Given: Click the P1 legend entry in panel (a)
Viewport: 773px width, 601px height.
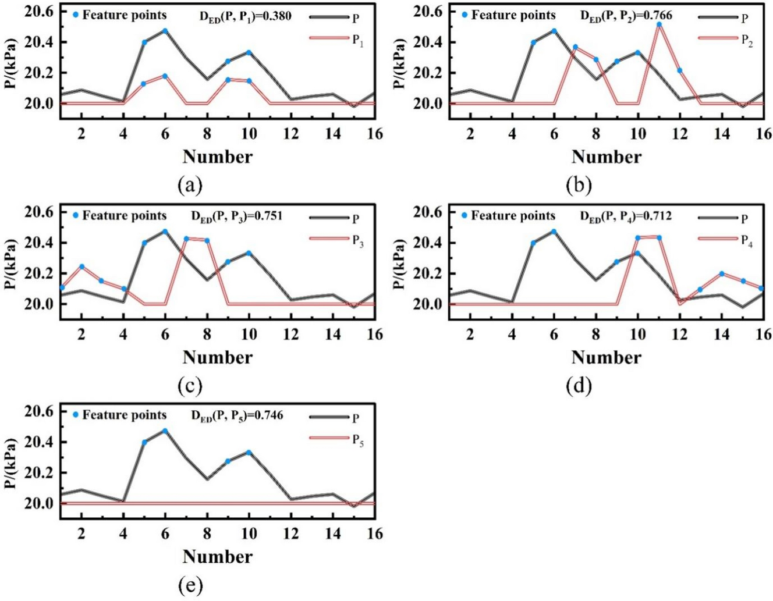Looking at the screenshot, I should click(357, 41).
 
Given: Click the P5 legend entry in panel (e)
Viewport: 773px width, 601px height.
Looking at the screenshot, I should click(357, 442).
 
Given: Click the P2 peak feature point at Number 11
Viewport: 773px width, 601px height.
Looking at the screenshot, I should click(659, 24).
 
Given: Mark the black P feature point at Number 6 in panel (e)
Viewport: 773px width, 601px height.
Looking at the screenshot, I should click(165, 431).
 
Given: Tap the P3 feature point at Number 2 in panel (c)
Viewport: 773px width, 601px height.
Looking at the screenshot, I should click(81, 266).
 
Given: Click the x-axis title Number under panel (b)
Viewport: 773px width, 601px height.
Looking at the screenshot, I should click(606, 157).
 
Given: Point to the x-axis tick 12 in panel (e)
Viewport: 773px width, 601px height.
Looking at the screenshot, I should click(291, 532).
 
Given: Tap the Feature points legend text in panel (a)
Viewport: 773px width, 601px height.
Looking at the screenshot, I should click(124, 15).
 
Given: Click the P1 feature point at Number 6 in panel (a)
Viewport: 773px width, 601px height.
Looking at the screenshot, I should click(165, 76).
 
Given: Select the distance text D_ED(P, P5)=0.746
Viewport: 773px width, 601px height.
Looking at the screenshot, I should click(237, 415).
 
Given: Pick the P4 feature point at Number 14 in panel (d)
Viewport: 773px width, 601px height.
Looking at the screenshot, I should click(722, 273).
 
